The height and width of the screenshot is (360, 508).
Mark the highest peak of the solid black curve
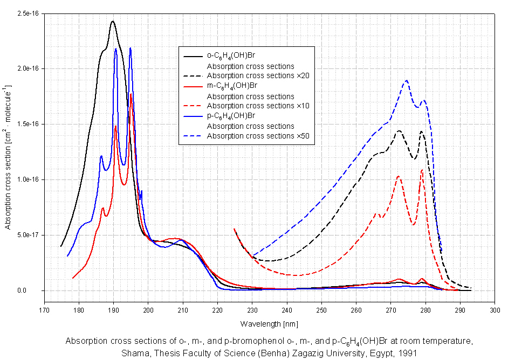click(113, 22)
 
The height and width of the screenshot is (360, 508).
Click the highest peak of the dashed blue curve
click(406, 80)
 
